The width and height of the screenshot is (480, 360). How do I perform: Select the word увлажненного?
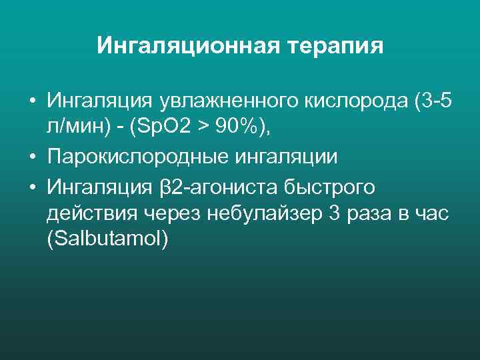coord(230,102)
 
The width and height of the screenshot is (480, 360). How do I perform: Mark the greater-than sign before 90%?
coord(199,130)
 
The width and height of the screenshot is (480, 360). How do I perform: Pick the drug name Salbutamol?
coord(109,241)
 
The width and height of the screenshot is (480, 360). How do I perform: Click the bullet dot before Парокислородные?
coord(31,158)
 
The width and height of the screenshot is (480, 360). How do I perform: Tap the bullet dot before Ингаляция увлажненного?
coord(31,102)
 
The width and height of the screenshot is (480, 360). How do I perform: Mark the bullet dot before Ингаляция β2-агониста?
coord(31,186)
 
